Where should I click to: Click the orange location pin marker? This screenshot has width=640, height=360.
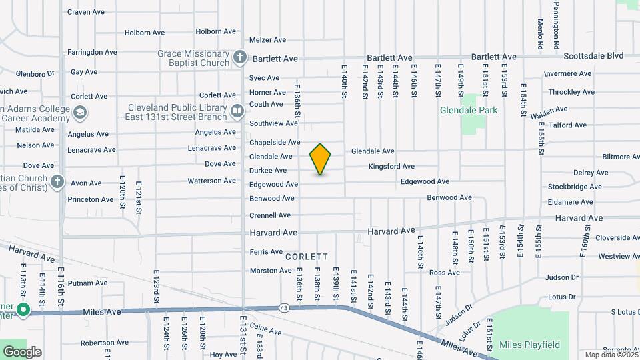click(x=321, y=159)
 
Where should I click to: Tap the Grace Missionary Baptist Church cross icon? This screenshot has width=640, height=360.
click(x=240, y=58)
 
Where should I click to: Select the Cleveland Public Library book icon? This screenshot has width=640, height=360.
click(x=237, y=111)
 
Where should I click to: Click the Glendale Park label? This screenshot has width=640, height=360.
click(x=469, y=111)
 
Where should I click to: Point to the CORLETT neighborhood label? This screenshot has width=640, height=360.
click(x=307, y=257)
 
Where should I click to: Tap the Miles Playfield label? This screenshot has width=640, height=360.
click(x=529, y=345)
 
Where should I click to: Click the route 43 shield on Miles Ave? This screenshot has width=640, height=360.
click(x=285, y=307)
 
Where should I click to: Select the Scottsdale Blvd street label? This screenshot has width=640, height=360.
click(x=593, y=56)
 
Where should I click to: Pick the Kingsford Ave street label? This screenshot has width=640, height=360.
click(x=391, y=166)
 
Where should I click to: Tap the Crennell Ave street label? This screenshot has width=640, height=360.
click(x=270, y=215)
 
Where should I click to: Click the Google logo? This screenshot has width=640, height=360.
click(x=22, y=352)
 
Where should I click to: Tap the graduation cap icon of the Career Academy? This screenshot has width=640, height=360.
click(x=80, y=113)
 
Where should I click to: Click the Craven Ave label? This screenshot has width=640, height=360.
click(x=86, y=12)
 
